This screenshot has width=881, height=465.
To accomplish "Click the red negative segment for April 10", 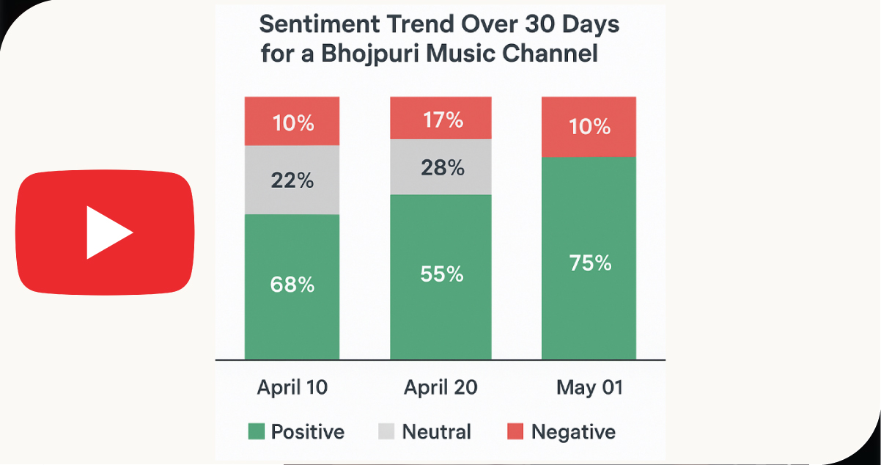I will pos(292,121).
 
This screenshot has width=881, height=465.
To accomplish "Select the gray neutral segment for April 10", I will pos(292,180).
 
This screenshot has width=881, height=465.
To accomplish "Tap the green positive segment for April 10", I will pos(292,286).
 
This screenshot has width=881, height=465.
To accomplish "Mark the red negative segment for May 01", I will pos(589,126).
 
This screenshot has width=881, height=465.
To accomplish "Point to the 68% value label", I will pos(292,285).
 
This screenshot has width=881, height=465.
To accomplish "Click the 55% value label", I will pos(442,274).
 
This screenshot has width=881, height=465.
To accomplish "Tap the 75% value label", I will pos(590,263).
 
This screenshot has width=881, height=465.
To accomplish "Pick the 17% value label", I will pos(443,120).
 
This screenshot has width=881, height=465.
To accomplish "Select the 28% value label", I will pos(443,168).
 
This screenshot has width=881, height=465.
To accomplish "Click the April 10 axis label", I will pos(292,387).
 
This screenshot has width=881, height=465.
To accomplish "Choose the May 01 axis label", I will pos(589,387).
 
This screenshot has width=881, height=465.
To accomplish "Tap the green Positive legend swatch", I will pos(256,432).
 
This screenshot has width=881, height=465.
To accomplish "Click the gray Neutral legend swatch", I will pos(386,432).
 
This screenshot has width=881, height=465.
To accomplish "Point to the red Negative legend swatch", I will pos(515,432).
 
